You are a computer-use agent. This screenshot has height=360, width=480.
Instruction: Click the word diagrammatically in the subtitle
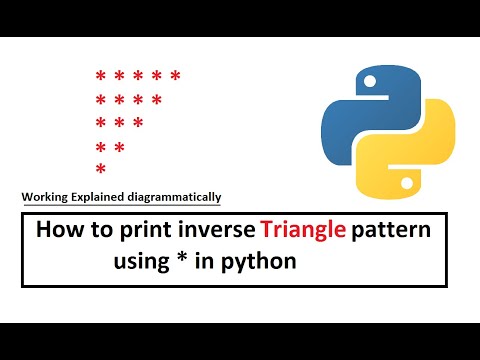tap(169, 197)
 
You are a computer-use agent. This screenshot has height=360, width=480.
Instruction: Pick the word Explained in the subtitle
tap(101, 197)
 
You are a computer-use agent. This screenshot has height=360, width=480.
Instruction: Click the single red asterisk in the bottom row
tap(100, 169)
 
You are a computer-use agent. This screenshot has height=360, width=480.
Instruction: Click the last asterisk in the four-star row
tap(157, 100)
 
